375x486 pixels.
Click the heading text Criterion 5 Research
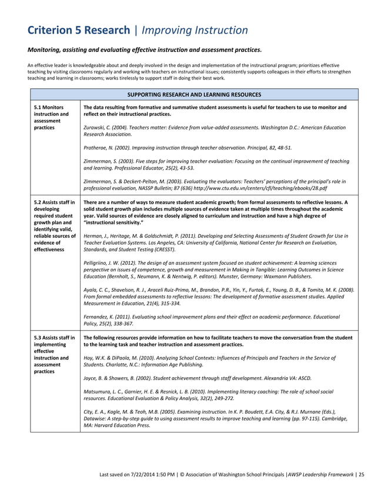pyautogui.click(x=79, y=30)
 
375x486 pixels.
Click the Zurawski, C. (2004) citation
pyautogui.click(x=215, y=131)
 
